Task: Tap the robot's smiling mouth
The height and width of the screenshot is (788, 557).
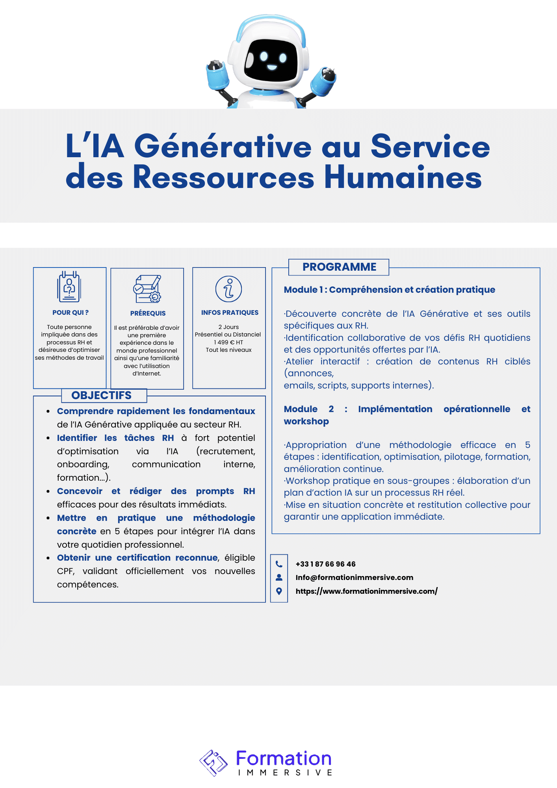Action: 272,67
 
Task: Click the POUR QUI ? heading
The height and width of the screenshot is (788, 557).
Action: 71,312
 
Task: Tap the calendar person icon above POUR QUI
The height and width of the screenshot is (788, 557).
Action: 69,286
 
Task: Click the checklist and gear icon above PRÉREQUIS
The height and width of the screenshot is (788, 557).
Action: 147,289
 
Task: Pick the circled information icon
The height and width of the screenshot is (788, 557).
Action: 228,289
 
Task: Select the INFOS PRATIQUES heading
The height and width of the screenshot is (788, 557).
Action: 230,312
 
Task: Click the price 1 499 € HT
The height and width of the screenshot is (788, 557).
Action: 228,342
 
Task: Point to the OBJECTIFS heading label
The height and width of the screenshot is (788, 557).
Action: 102,395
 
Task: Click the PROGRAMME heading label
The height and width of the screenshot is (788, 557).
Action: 339,267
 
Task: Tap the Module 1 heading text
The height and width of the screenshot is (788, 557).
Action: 389,290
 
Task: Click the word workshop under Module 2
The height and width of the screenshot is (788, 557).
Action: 306,421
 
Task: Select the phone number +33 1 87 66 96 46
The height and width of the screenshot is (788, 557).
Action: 325,564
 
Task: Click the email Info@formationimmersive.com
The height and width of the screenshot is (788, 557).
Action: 354,577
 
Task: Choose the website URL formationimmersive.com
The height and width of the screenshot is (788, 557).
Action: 366,591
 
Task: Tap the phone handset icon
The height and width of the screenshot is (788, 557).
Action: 279,564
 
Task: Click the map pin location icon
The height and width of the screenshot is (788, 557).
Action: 279,591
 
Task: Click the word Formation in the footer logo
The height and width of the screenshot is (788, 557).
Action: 284,758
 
